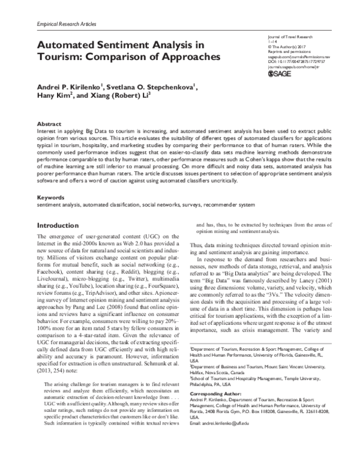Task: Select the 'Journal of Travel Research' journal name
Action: pos(284,37)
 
